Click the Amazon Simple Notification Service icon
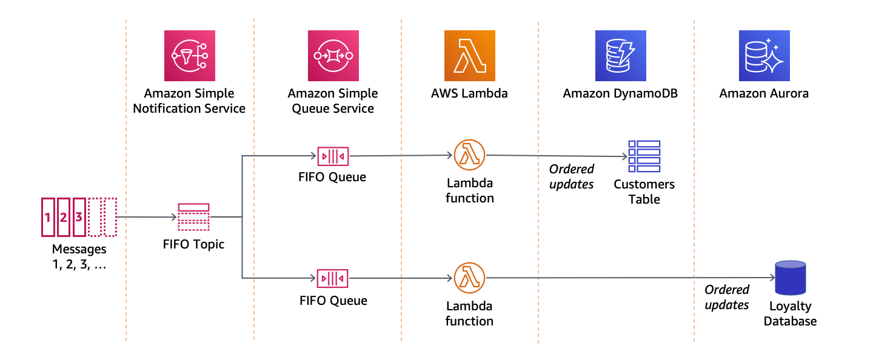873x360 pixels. pos(189,56)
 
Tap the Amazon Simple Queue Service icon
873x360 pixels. pos(333,56)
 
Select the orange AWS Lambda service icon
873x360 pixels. pos(469,56)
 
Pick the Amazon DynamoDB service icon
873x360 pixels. pos(620,56)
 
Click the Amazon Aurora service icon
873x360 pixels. pos(764,56)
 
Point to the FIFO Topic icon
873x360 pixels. pos(193,217)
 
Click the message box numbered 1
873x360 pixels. pos(47,217)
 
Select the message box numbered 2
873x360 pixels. pos(63,217)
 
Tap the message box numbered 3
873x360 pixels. pos(79,217)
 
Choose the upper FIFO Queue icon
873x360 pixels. pos(333,156)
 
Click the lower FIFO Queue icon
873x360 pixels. pos(333,278)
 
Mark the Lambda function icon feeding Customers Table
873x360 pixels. pos(469,155)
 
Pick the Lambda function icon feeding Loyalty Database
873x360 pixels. pos(469,278)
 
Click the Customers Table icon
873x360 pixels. pos(644,156)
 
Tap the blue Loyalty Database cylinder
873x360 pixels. pos(790,278)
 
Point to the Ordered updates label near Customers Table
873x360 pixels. pos(572,176)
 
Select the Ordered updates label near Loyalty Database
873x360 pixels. pos(727,297)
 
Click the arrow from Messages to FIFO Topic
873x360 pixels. pos(145,217)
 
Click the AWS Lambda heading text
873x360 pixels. pos(469,94)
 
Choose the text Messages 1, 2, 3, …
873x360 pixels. pos(79,257)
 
